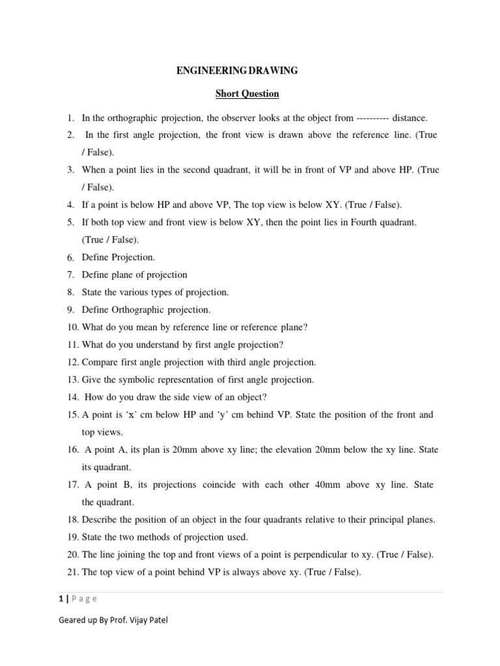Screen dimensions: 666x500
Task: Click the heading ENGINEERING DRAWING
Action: coord(238,70)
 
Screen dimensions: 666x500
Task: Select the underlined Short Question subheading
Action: coord(247,94)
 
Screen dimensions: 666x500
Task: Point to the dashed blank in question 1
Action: coord(372,118)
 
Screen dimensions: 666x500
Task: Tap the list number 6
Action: coord(70,258)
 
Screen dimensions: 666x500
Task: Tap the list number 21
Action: coord(72,572)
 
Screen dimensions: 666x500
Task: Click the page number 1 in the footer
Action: coord(61,599)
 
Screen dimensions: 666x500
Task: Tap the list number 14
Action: coord(72,397)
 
